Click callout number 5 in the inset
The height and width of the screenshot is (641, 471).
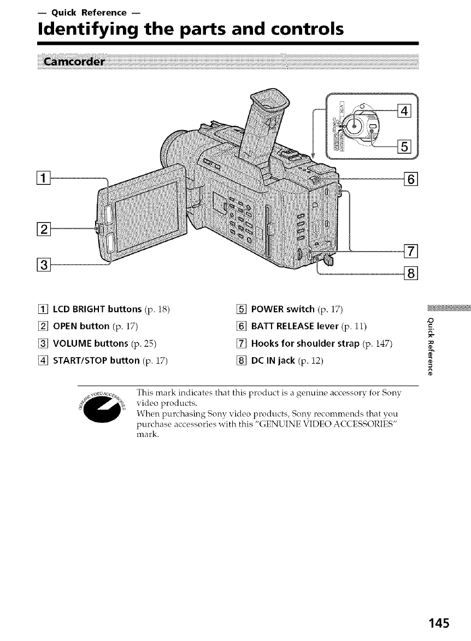[405, 146]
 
